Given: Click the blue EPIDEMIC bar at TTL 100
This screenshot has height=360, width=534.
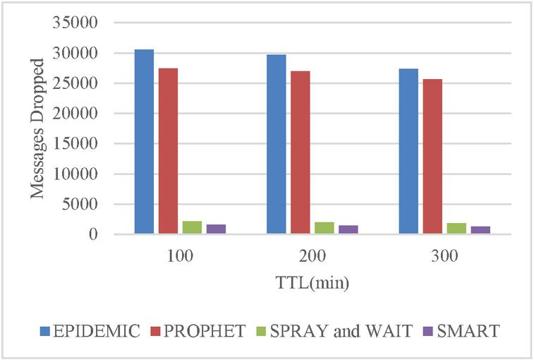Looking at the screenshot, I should pos(144,141).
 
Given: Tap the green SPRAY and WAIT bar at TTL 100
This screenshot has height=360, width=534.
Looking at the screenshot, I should pos(192,227).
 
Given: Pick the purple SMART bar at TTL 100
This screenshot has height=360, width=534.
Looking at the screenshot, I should pos(216,229).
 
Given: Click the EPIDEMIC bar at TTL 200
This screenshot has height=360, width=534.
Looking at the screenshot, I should pos(276,144).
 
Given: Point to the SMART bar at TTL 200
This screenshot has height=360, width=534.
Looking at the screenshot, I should pos(348,229).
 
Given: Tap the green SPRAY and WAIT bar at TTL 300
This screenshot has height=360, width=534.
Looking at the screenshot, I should pos(456,228).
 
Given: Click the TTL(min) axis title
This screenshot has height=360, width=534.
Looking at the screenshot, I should pos(312,283).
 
